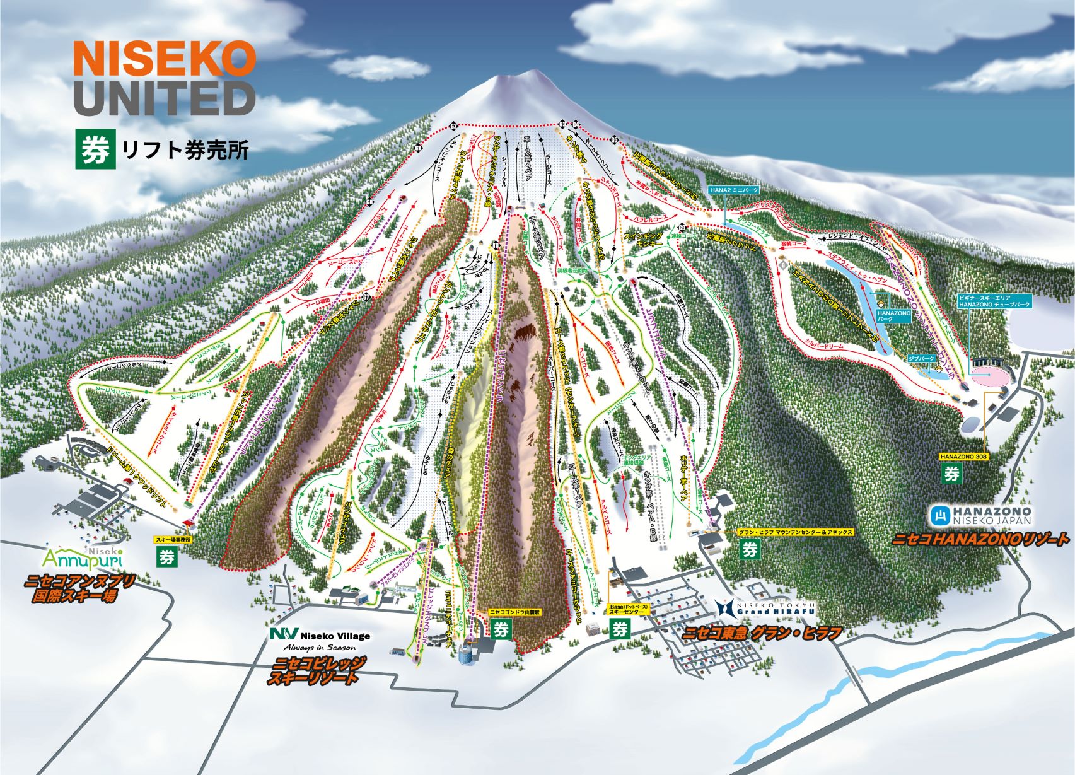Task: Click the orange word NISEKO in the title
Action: click(x=165, y=57)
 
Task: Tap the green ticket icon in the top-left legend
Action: click(x=95, y=149)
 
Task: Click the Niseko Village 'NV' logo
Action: click(x=279, y=634)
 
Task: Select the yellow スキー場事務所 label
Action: click(x=172, y=540)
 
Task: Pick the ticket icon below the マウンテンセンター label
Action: click(x=750, y=549)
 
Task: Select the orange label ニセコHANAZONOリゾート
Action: click(x=980, y=539)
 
